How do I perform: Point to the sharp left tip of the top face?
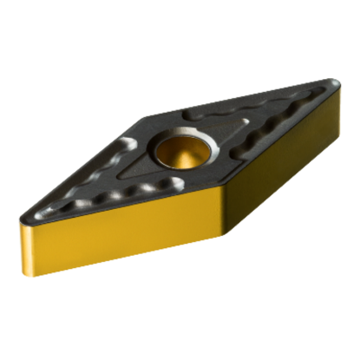pos(19,216)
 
